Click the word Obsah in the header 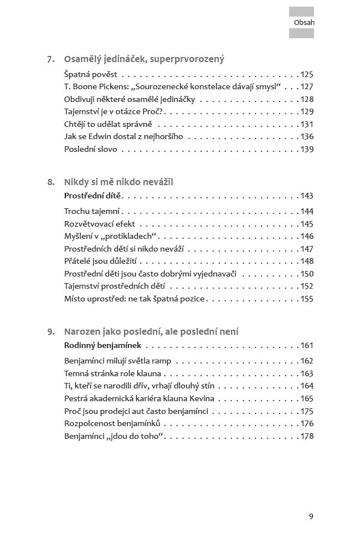(x=304, y=23)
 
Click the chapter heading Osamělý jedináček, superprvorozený (x=144, y=59)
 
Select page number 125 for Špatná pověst (x=306, y=74)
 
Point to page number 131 (x=306, y=124)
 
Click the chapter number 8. (x=50, y=182)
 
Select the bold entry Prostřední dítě (x=92, y=196)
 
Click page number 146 (x=306, y=236)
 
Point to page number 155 (x=306, y=299)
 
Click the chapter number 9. (x=50, y=332)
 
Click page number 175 (x=306, y=411)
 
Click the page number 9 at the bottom (x=311, y=516)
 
